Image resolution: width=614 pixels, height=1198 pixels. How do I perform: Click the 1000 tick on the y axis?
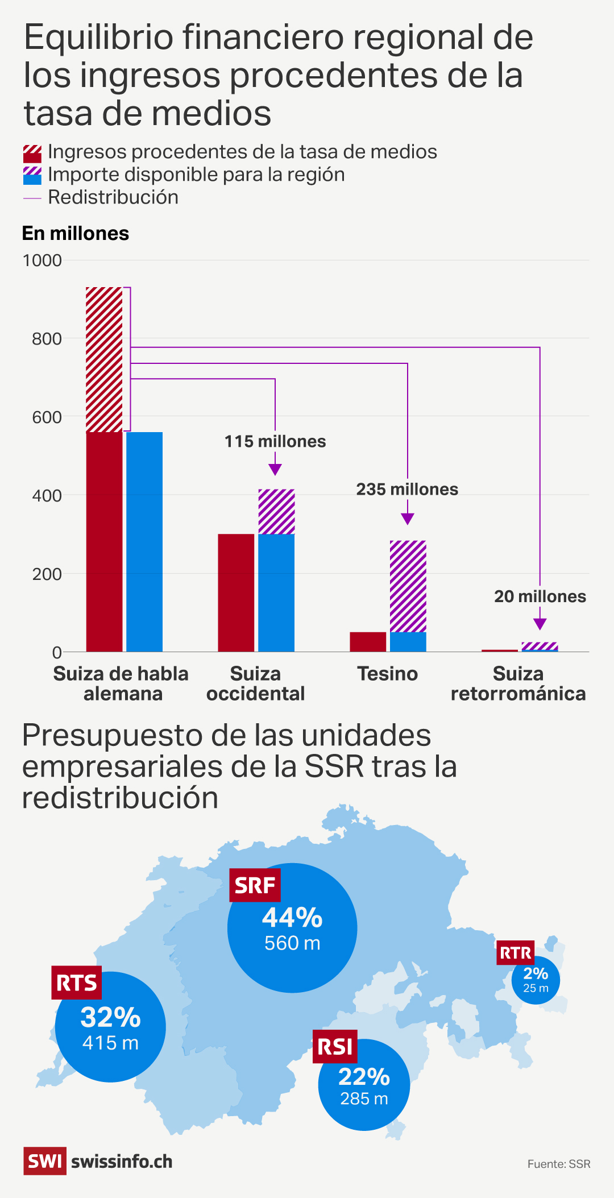click(42, 260)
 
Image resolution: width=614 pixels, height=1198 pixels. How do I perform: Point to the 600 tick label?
click(47, 417)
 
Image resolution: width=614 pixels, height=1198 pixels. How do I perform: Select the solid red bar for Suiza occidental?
click(236, 592)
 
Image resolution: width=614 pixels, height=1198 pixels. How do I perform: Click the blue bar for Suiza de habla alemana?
click(144, 541)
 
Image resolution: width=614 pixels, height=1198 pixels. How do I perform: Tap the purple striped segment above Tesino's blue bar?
click(408, 586)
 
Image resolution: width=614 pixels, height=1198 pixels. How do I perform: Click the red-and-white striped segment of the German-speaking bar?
click(104, 359)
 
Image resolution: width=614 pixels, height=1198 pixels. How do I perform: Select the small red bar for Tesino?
click(368, 641)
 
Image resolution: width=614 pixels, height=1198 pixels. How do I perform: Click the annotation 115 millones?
click(275, 442)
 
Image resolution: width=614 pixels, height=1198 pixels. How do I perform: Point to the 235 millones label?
click(407, 490)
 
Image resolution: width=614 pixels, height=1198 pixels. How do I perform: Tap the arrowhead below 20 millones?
click(540, 624)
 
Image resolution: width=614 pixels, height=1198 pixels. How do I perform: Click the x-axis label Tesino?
click(388, 674)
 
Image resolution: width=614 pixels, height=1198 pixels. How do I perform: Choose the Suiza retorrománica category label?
click(518, 684)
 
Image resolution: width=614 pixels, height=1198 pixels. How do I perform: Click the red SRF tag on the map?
click(255, 885)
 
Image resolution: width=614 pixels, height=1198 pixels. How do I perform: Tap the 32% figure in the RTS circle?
click(110, 1017)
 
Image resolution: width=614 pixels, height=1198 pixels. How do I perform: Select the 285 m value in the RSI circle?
click(364, 1098)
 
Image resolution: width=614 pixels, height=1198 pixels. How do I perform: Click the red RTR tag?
click(516, 952)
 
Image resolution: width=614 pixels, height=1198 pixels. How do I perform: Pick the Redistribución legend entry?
click(113, 197)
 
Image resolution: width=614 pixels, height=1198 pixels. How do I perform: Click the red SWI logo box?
click(44, 1161)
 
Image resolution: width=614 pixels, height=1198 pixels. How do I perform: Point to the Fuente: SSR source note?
click(559, 1164)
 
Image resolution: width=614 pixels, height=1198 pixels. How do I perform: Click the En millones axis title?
click(76, 234)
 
